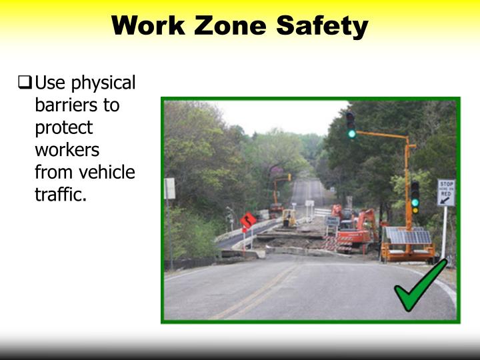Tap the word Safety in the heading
click(x=322, y=26)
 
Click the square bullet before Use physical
click(x=25, y=83)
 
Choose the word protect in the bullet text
click(x=63, y=128)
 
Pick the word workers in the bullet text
click(x=67, y=150)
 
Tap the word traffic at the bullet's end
click(x=61, y=195)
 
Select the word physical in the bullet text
click(x=103, y=84)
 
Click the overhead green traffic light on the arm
click(x=351, y=125)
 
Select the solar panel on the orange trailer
click(x=409, y=236)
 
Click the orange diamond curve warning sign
click(x=249, y=221)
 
